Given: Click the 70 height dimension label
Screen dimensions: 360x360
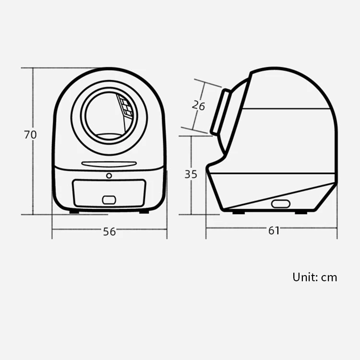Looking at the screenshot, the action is [30, 135].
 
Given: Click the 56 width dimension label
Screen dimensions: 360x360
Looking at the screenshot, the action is [109, 232].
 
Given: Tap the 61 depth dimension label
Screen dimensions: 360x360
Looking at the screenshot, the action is [274, 230].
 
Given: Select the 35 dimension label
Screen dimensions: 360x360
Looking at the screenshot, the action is [191, 175].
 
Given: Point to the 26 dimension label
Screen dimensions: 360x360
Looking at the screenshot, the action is [198, 106].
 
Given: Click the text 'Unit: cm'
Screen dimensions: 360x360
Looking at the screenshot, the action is [315, 277].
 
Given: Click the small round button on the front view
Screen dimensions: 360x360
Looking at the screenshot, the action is [109, 176].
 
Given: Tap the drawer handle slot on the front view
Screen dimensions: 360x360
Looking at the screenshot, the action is [109, 200].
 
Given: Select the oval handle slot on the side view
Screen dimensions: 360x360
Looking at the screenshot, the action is [281, 204].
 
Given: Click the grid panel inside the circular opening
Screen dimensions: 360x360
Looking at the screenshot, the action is [125, 106].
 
